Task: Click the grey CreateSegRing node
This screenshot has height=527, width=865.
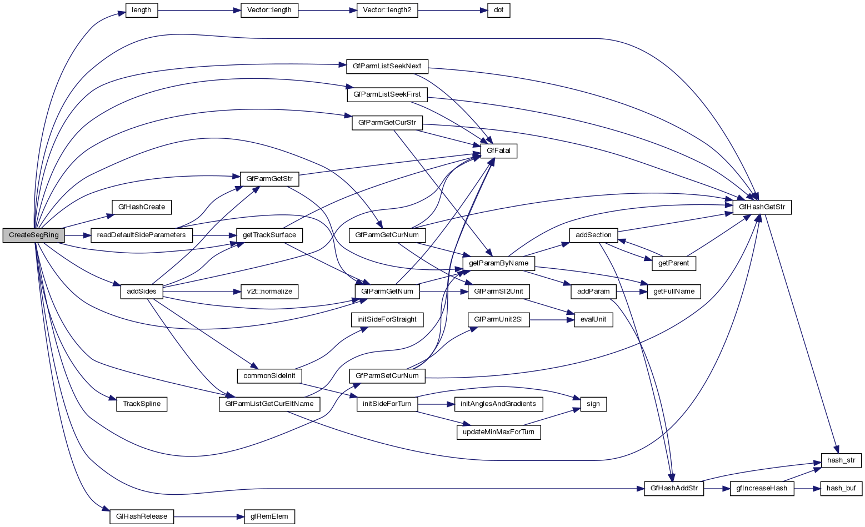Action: pyautogui.click(x=34, y=235)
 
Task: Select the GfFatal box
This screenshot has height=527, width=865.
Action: pyautogui.click(x=502, y=151)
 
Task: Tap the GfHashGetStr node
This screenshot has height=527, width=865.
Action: pyautogui.click(x=762, y=207)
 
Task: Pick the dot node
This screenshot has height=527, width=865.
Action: pyautogui.click(x=498, y=10)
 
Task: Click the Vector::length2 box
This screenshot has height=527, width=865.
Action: pyautogui.click(x=387, y=10)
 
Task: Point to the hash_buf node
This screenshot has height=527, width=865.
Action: pyautogui.click(x=841, y=489)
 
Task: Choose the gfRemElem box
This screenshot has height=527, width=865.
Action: pyautogui.click(x=269, y=516)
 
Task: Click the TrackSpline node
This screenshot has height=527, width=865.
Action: pyautogui.click(x=142, y=404)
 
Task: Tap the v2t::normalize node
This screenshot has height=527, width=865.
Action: pyautogui.click(x=269, y=291)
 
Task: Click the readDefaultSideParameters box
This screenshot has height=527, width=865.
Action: pyautogui.click(x=141, y=235)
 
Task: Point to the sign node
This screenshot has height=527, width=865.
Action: pyautogui.click(x=593, y=404)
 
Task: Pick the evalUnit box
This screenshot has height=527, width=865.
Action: pyautogui.click(x=593, y=320)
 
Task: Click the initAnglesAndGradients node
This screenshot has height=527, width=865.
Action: pyautogui.click(x=498, y=404)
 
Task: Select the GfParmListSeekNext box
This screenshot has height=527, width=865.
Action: pyautogui.click(x=387, y=66)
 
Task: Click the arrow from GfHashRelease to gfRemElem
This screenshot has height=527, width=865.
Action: pyautogui.click(x=209, y=516)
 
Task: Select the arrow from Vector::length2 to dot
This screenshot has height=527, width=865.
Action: pyautogui.click(x=453, y=10)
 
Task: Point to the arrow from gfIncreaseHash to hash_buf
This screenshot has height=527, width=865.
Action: pyautogui.click(x=807, y=489)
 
